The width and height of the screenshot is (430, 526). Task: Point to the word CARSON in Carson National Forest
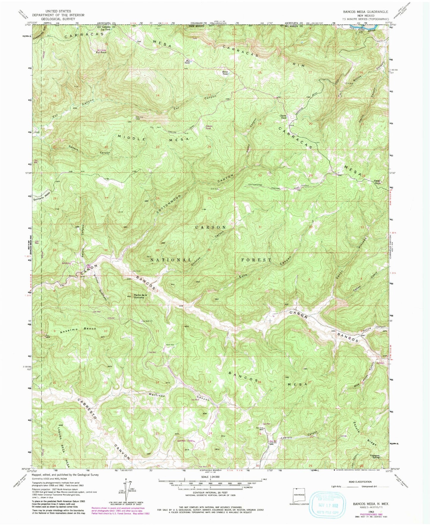click(x=210, y=227)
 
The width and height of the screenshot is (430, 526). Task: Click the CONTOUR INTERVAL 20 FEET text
click(x=210, y=498)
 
